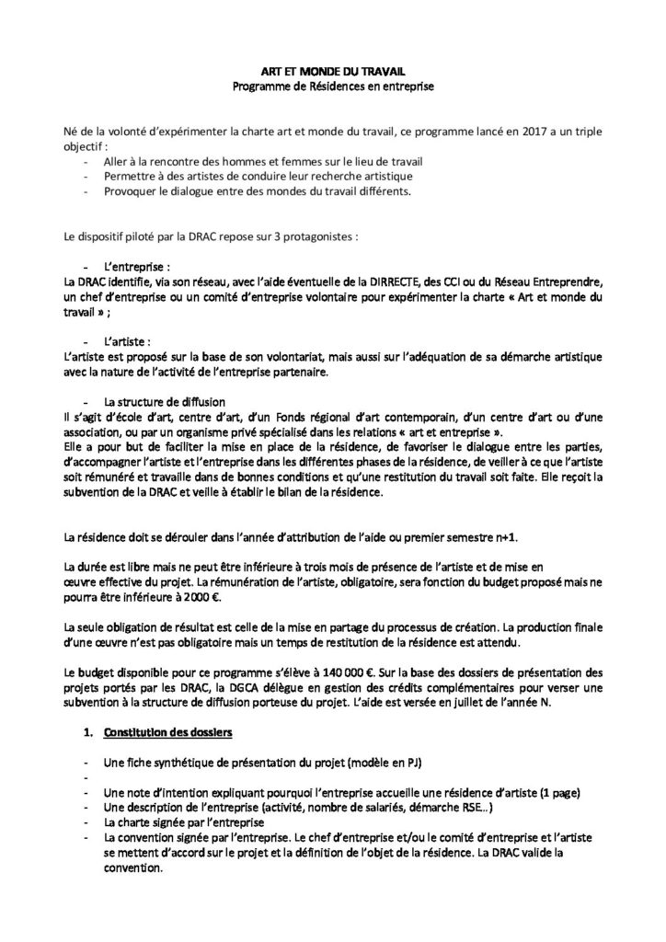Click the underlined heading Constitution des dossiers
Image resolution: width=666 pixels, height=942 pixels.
tap(169, 732)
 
